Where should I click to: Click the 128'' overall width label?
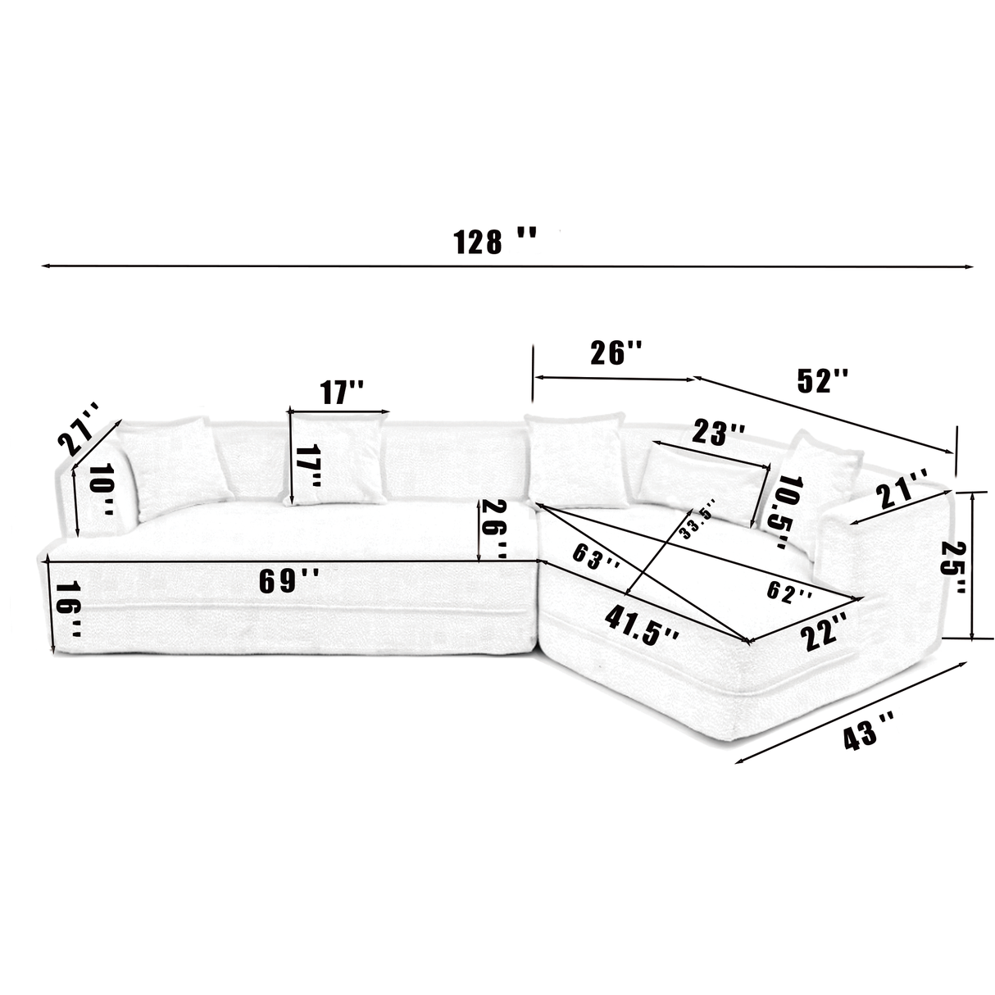click(x=495, y=242)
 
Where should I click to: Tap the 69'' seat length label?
click(x=289, y=580)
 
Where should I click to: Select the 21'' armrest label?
click(x=902, y=492)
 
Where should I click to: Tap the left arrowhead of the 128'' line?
click(x=45, y=266)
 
